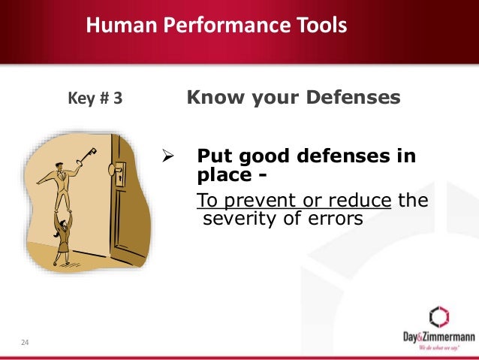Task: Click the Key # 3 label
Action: pos(95,98)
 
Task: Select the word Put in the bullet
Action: pos(211,157)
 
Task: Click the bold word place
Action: pos(219,175)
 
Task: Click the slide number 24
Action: pos(25,343)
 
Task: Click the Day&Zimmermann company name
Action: pos(437,337)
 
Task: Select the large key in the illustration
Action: pos(86,156)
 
